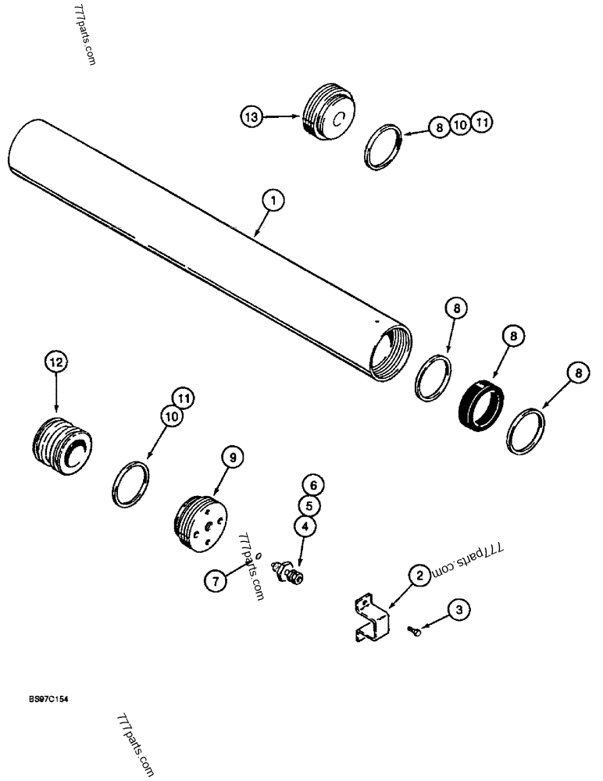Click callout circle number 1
273,201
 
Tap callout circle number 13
252,117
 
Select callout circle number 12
56,362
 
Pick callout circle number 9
232,457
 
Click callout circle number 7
216,581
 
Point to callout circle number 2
419,576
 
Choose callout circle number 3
459,609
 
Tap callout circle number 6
313,485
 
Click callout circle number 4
305,526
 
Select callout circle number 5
309,505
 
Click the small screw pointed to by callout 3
414,632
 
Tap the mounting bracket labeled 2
373,618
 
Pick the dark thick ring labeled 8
481,405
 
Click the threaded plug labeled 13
328,112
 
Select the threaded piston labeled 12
62,445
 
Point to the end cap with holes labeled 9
200,523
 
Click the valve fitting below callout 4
287,572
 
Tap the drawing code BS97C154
48,699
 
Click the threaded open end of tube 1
391,352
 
